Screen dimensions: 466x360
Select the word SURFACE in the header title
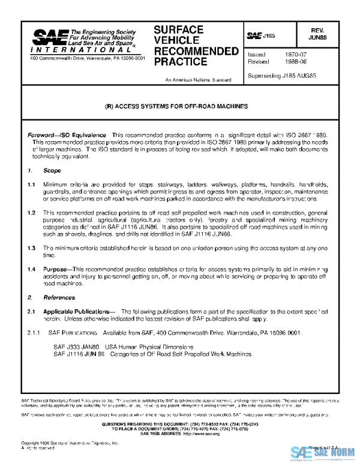(x=179, y=29)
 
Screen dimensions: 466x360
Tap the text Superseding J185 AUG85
(x=281, y=76)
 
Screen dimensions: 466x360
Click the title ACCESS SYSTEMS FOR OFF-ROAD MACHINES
(x=179, y=106)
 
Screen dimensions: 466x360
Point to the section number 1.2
(x=31, y=213)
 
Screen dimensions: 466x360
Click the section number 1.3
(x=31, y=247)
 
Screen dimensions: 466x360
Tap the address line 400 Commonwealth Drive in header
(x=87, y=58)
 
